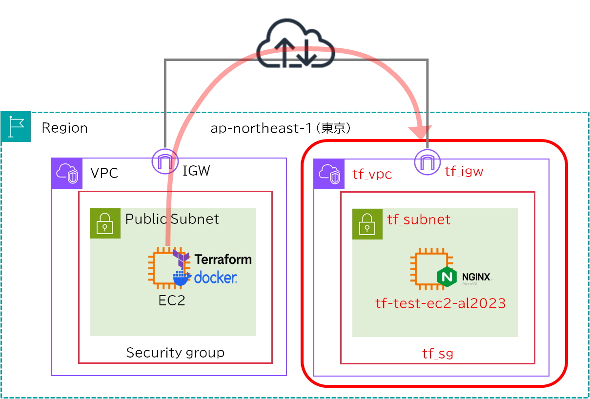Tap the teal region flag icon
pyautogui.click(x=16, y=127)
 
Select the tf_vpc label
pyautogui.click(x=372, y=175)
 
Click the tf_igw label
pyautogui.click(x=464, y=171)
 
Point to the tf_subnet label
pyautogui.click(x=419, y=219)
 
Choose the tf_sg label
pyautogui.click(x=437, y=354)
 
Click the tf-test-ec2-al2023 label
pyautogui.click(x=440, y=303)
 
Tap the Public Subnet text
pyautogui.click(x=172, y=219)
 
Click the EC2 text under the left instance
pyautogui.click(x=172, y=300)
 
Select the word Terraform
pyautogui.click(x=223, y=259)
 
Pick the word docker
pyautogui.click(x=216, y=278)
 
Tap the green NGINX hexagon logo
pyautogui.click(x=447, y=277)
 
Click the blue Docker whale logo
pyautogui.click(x=182, y=278)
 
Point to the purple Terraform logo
pyautogui.click(x=182, y=257)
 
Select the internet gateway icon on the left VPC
pyautogui.click(x=165, y=161)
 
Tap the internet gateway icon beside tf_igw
pyautogui.click(x=427, y=161)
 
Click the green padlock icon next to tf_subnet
pyautogui.click(x=367, y=224)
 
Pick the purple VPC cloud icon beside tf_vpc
pyautogui.click(x=329, y=174)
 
